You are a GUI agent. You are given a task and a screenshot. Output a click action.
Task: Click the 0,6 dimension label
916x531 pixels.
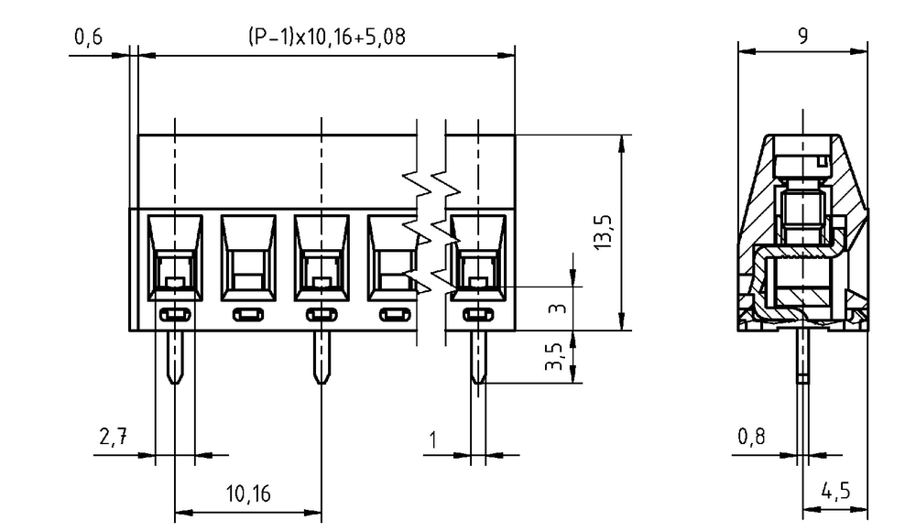pyautogui.click(x=88, y=38)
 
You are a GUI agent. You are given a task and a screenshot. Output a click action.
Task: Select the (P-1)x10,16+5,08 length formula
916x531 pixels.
pyautogui.click(x=327, y=38)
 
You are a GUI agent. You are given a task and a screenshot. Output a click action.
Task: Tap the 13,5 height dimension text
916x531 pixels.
pyautogui.click(x=604, y=233)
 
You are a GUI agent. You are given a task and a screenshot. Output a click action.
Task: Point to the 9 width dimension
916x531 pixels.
pyautogui.click(x=803, y=37)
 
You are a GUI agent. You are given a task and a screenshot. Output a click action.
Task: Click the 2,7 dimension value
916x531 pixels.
pyautogui.click(x=113, y=437)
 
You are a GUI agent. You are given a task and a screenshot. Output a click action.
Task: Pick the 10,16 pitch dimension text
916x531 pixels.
pyautogui.click(x=248, y=494)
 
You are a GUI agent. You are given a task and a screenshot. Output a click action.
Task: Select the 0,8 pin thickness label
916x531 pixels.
pyautogui.click(x=751, y=437)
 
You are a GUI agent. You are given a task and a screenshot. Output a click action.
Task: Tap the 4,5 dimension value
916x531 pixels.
pyautogui.click(x=836, y=491)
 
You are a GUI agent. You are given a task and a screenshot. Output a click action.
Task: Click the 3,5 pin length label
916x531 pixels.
pyautogui.click(x=554, y=356)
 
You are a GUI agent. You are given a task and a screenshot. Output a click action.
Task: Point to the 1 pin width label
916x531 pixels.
pyautogui.click(x=433, y=439)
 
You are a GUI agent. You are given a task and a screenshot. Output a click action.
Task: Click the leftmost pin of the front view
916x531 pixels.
pyautogui.click(x=175, y=357)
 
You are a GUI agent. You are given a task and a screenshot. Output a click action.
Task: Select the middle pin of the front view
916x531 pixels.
pyautogui.click(x=322, y=357)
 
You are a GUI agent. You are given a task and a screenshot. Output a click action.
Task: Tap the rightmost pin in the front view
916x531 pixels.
pyautogui.click(x=478, y=357)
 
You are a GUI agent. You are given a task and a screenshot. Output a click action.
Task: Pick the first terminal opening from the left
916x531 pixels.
pyautogui.click(x=175, y=257)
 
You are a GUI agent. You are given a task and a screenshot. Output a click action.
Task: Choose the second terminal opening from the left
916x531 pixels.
pyautogui.click(x=248, y=257)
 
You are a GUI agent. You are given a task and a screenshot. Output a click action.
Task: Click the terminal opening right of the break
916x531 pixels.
pyautogui.click(x=478, y=257)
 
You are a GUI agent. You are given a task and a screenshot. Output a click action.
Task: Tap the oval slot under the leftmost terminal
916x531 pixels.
pyautogui.click(x=175, y=315)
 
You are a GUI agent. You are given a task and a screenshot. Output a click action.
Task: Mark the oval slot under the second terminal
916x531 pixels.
pyautogui.click(x=248, y=315)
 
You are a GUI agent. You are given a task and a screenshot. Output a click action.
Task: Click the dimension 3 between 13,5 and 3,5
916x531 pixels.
pyautogui.click(x=559, y=308)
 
